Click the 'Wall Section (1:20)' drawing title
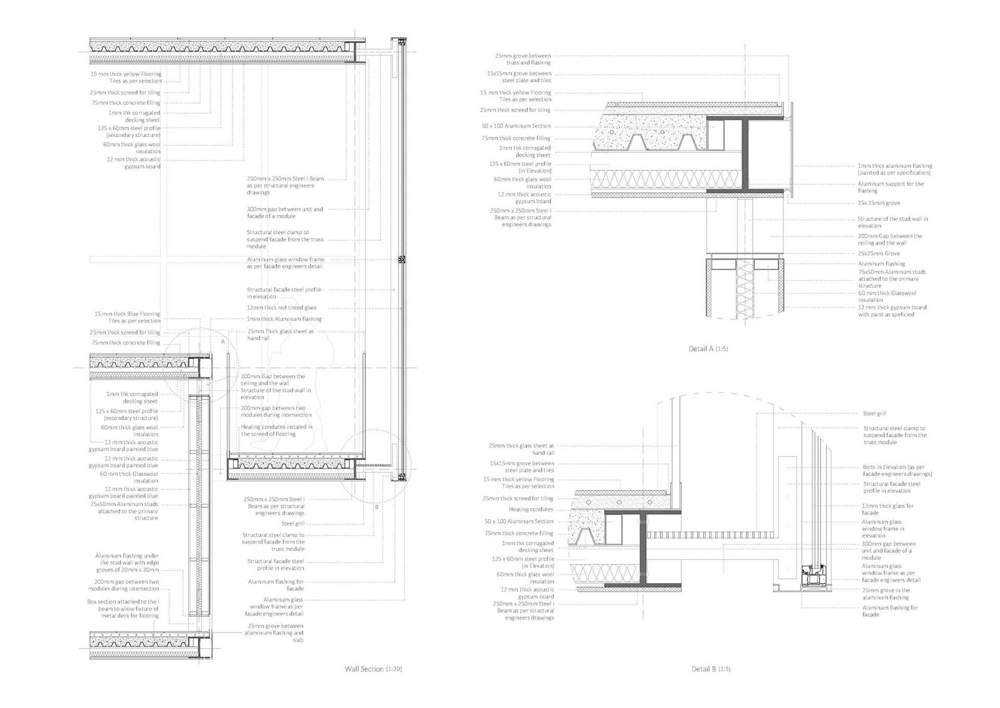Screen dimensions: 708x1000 pyautogui.click(x=373, y=669)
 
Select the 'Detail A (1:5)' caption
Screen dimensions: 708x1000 pyautogui.click(x=708, y=349)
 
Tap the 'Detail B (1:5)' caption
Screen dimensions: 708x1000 pyautogui.click(x=710, y=669)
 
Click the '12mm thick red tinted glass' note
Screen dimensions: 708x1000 pyautogui.click(x=281, y=308)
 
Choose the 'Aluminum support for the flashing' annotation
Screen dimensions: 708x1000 pyautogui.click(x=891, y=187)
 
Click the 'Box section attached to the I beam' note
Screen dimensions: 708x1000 pyautogui.click(x=123, y=608)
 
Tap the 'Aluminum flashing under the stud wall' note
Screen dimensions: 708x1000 pyautogui.click(x=127, y=563)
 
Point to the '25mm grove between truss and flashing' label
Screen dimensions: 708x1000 pyautogui.click(x=522, y=59)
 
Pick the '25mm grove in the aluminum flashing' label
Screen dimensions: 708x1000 pyautogui.click(x=886, y=594)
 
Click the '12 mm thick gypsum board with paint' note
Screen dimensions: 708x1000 pyautogui.click(x=892, y=311)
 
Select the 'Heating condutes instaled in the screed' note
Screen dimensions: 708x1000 pyautogui.click(x=276, y=430)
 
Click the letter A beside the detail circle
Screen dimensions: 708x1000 pyautogui.click(x=223, y=342)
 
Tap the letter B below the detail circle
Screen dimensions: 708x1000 pyautogui.click(x=377, y=507)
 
